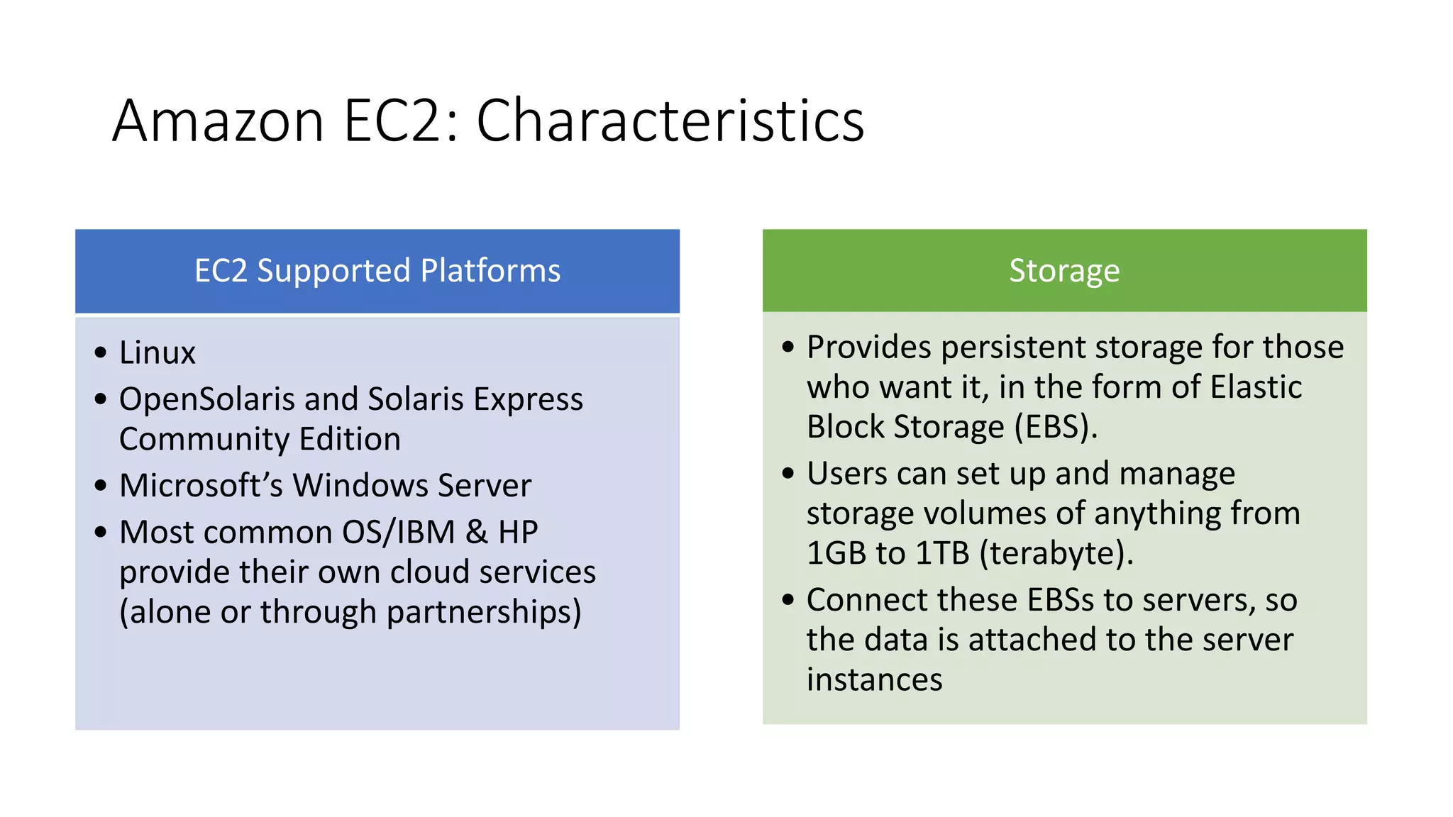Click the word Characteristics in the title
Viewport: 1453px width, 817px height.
pyautogui.click(x=670, y=121)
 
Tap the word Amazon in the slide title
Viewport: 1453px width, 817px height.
pyautogui.click(x=218, y=121)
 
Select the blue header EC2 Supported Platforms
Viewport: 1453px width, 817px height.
pyautogui.click(x=377, y=271)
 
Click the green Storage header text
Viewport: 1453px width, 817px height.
pyautogui.click(x=1064, y=271)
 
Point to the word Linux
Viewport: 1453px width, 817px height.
pyautogui.click(x=157, y=353)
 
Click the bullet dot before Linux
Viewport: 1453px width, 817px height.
pyautogui.click(x=101, y=352)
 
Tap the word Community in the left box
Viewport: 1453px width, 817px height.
pyautogui.click(x=204, y=439)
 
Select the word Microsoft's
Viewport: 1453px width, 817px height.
pyautogui.click(x=201, y=486)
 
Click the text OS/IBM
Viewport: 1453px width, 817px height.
pyautogui.click(x=398, y=532)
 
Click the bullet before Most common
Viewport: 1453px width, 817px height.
pyautogui.click(x=101, y=532)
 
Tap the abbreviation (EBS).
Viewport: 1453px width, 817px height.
pyautogui.click(x=1056, y=427)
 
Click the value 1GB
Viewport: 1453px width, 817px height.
pyautogui.click(x=836, y=553)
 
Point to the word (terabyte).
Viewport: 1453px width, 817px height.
pyautogui.click(x=1056, y=553)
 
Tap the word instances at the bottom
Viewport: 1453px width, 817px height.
pyautogui.click(x=874, y=680)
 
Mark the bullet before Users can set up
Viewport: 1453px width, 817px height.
pyautogui.click(x=788, y=473)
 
